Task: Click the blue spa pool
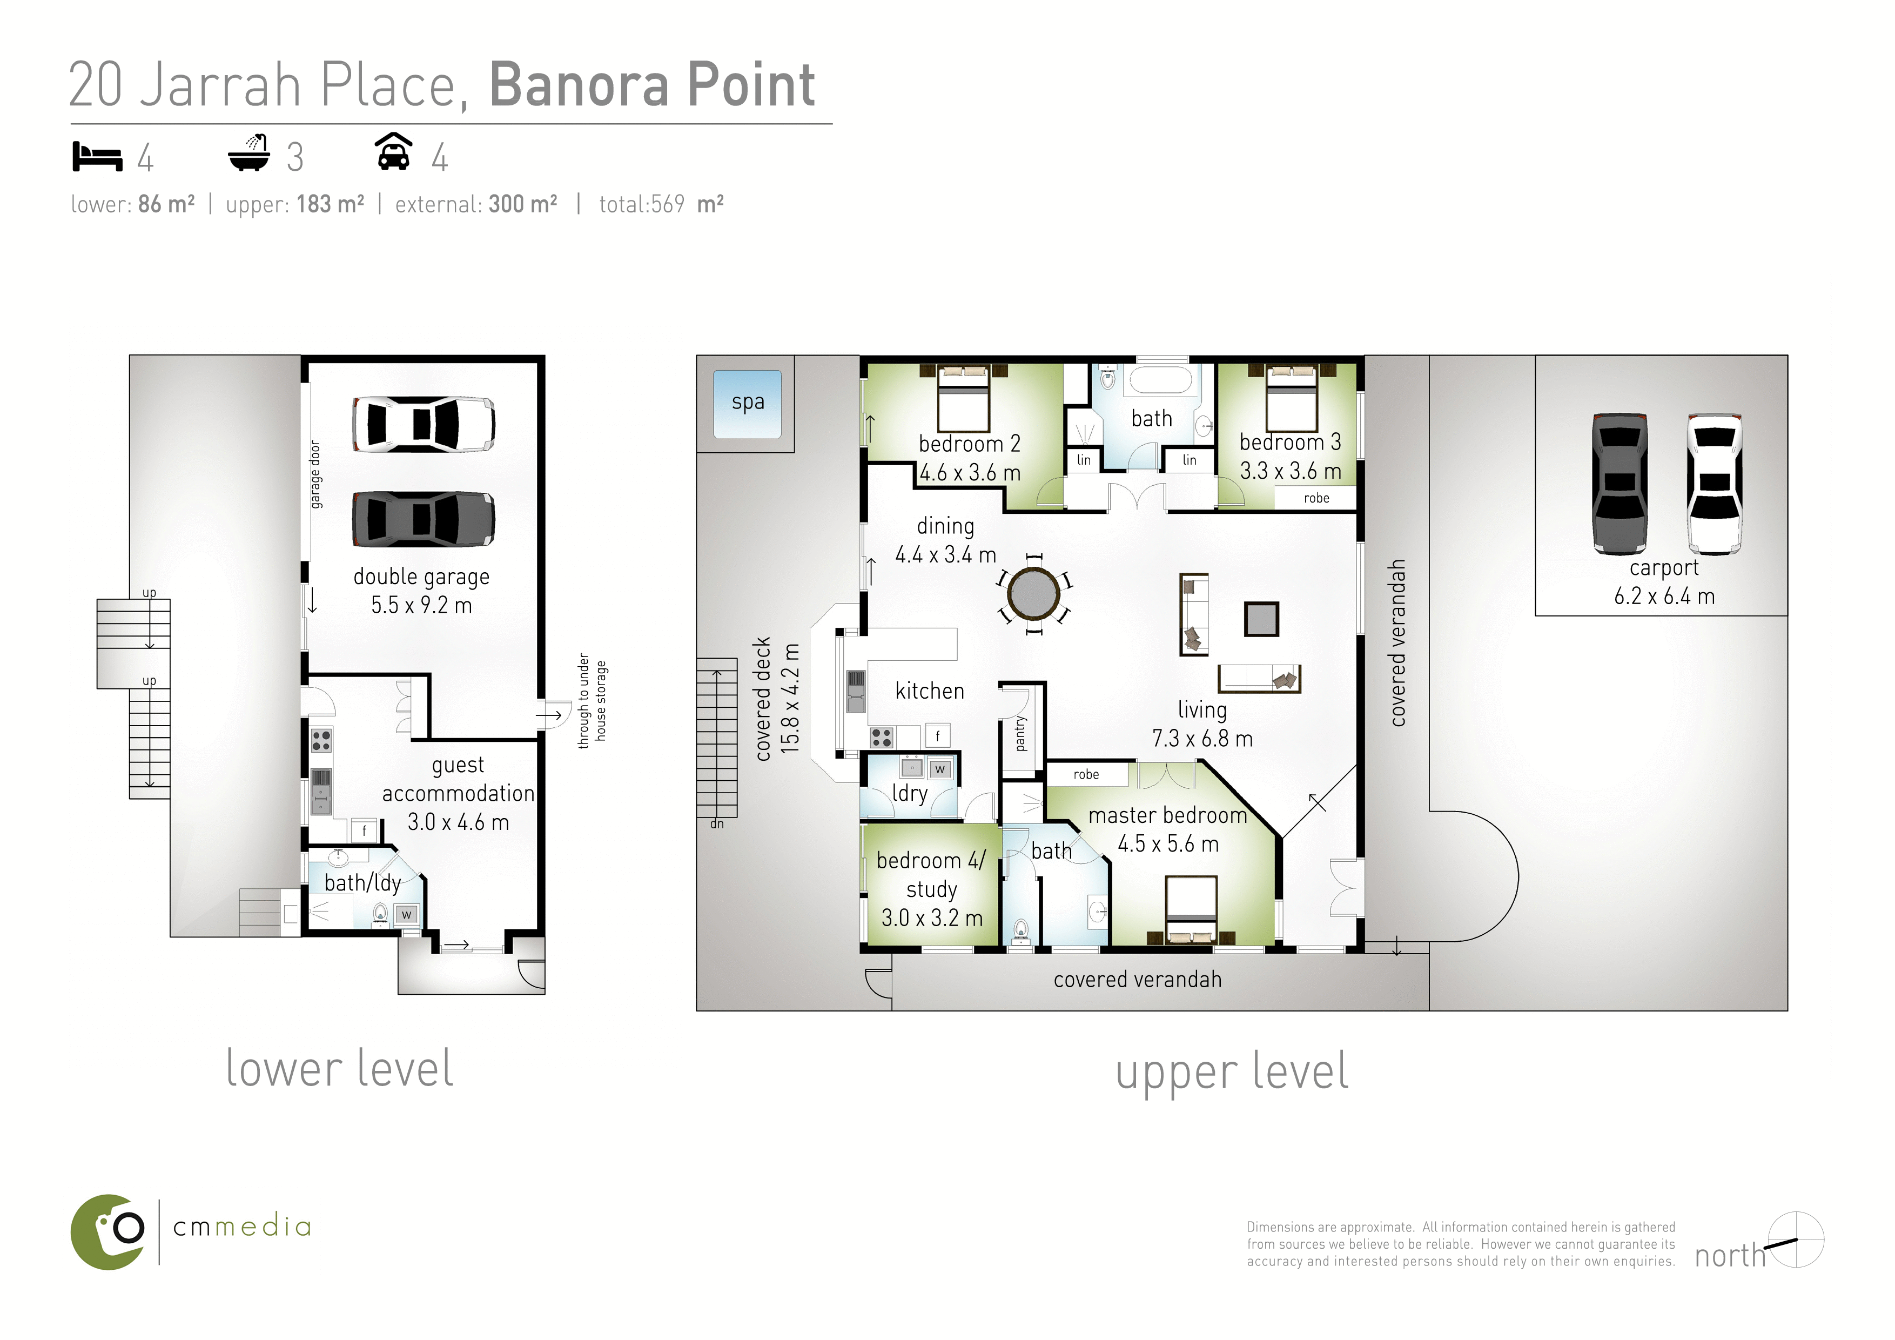(x=747, y=404)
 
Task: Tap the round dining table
(x=1033, y=593)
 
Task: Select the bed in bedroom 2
(x=963, y=398)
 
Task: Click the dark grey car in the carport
(x=1620, y=484)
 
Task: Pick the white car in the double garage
(x=424, y=424)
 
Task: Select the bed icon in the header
(x=97, y=156)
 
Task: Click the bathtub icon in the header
(x=249, y=153)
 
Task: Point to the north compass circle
(x=1796, y=1239)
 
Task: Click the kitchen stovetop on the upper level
(x=882, y=738)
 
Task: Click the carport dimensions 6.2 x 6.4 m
(x=1664, y=596)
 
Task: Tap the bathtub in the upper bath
(x=1160, y=380)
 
